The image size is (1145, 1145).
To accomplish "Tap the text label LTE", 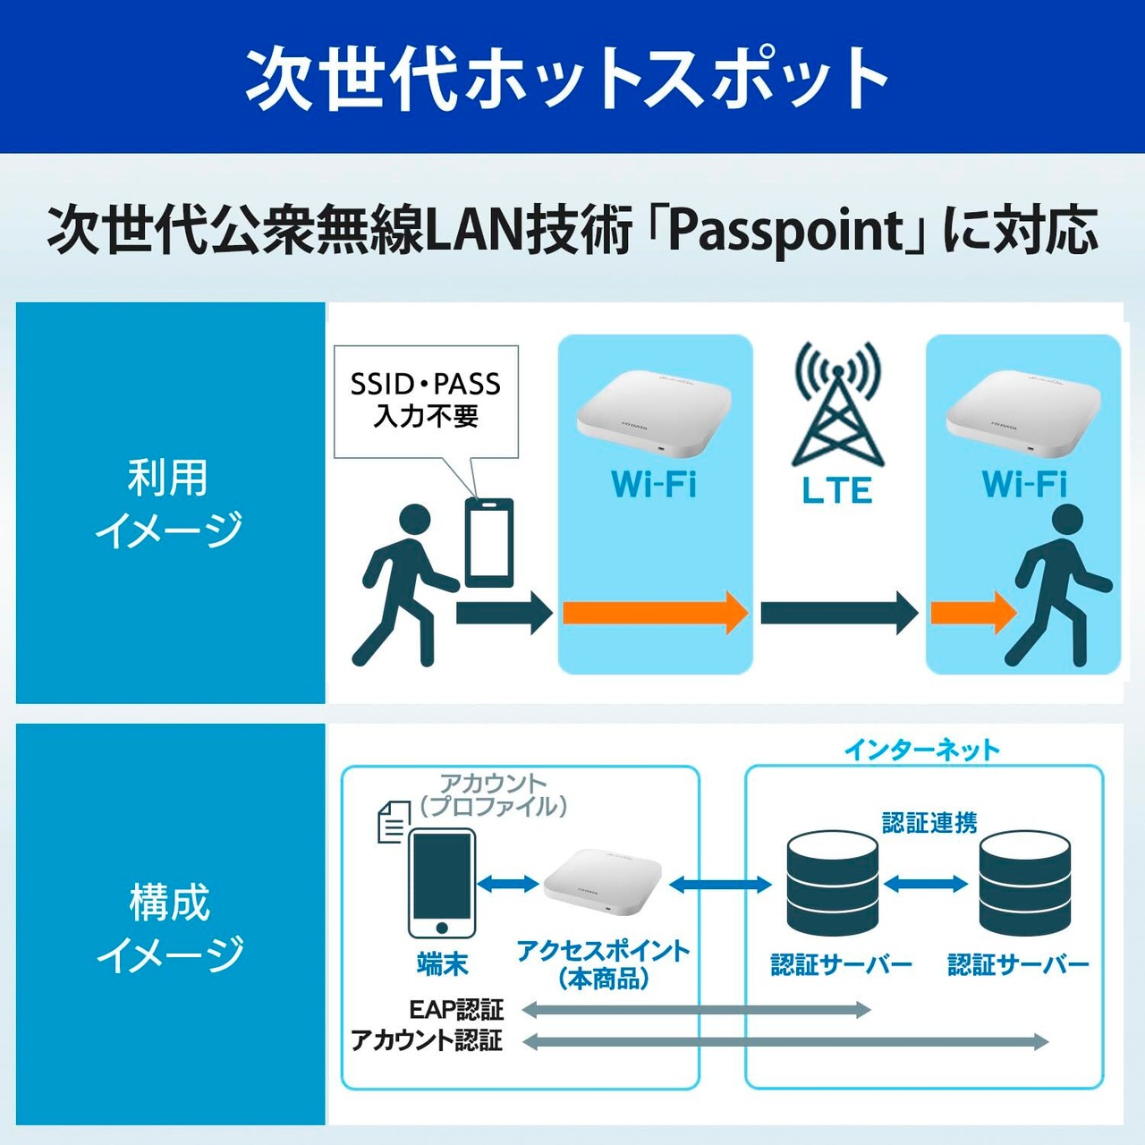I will pyautogui.click(x=836, y=490).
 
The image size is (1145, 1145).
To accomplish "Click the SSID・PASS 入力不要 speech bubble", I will pyautogui.click(x=426, y=401).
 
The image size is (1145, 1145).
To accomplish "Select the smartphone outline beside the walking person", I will pyautogui.click(x=489, y=542).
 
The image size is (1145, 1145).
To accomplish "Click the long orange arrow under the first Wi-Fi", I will pyautogui.click(x=655, y=613).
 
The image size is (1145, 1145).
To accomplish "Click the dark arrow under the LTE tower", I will pyautogui.click(x=838, y=613).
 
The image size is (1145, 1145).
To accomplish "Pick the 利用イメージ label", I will pyautogui.click(x=169, y=503).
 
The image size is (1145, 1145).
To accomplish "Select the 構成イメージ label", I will pyautogui.click(x=169, y=928).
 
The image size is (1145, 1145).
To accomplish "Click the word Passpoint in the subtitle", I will pyautogui.click(x=787, y=231).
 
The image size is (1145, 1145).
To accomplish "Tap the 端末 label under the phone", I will pyautogui.click(x=442, y=964).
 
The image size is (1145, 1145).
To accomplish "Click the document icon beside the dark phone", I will pyautogui.click(x=391, y=821).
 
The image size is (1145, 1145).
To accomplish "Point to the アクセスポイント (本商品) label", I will pyautogui.click(x=603, y=964).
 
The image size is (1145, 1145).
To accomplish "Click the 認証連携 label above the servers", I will pyautogui.click(x=929, y=822).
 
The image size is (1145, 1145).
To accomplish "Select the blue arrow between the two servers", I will pyautogui.click(x=926, y=884).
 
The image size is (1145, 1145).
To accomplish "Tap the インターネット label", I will pyautogui.click(x=921, y=750).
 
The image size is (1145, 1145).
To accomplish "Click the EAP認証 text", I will pyautogui.click(x=456, y=1010).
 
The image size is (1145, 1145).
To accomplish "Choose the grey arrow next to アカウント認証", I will pyautogui.click(x=785, y=1041).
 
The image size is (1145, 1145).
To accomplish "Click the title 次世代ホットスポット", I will pyautogui.click(x=567, y=77).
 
